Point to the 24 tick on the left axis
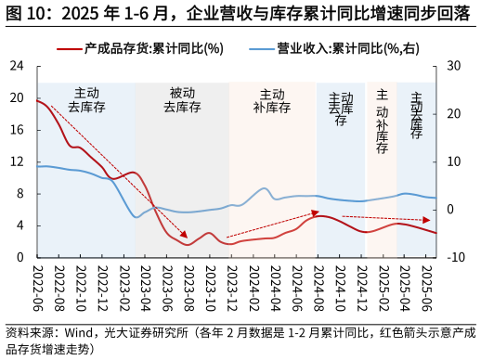pyautogui.click(x=17, y=66)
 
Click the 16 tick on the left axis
pyautogui.click(x=17, y=130)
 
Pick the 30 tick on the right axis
pyautogui.click(x=452, y=66)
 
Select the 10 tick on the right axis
pyautogui.click(x=452, y=161)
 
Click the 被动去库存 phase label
pyautogui.click(x=182, y=100)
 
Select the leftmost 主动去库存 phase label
pyautogui.click(x=86, y=100)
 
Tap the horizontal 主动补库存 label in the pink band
pyautogui.click(x=272, y=100)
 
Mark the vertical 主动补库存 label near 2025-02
pyautogui.click(x=382, y=121)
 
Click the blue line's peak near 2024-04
pyautogui.click(x=265, y=188)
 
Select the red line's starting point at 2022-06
pyautogui.click(x=38, y=100)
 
